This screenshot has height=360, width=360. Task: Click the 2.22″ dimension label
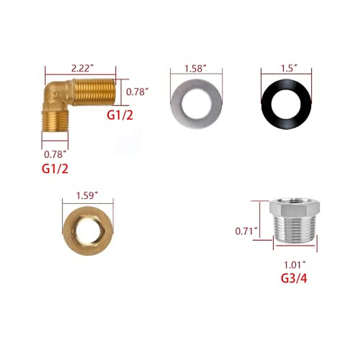[x=80, y=69]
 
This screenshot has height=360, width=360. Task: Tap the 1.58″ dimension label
[x=196, y=69]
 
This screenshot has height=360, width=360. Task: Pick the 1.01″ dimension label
[x=295, y=265]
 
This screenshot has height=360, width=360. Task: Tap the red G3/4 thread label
[x=294, y=278]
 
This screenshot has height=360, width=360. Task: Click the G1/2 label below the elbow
[x=55, y=169]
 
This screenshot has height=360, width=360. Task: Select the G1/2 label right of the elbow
[x=120, y=115]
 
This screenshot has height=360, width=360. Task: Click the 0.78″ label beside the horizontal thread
[x=137, y=92]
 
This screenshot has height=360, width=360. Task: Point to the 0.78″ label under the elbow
[x=55, y=154]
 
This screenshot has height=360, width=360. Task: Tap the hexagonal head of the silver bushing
[x=294, y=207]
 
